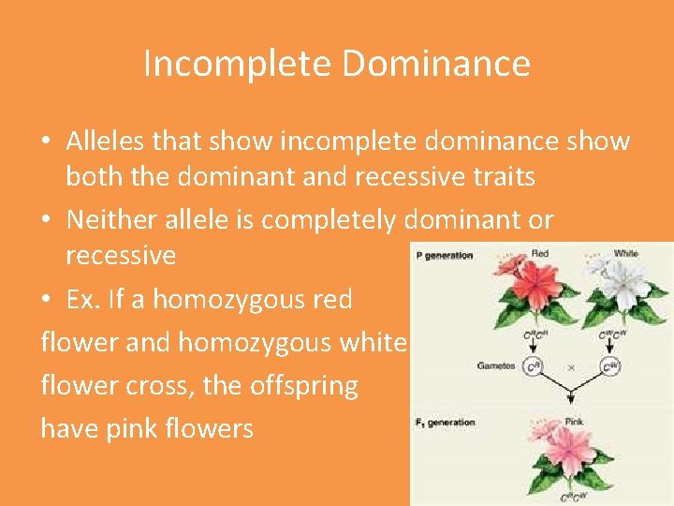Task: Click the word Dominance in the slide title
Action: [x=436, y=64]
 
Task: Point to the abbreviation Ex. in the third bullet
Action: [x=85, y=300]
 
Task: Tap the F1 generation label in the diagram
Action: [x=445, y=423]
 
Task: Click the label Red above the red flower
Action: [x=540, y=253]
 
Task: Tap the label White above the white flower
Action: [x=625, y=253]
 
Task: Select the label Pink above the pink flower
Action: [x=574, y=422]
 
